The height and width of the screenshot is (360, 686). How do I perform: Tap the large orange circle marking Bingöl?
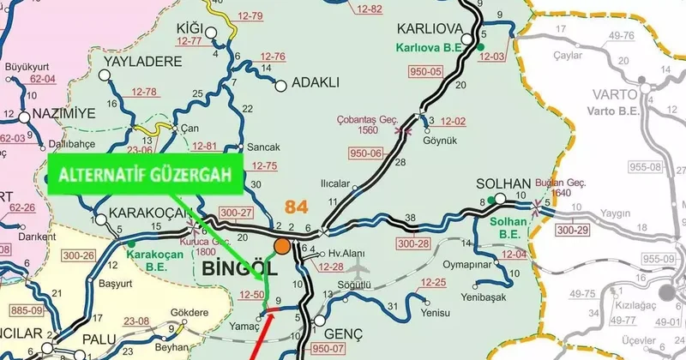coord(281,248)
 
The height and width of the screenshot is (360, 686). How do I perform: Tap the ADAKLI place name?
coord(316,83)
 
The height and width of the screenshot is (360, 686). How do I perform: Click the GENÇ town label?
coord(345,332)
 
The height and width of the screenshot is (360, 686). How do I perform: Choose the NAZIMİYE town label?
coord(66,114)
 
